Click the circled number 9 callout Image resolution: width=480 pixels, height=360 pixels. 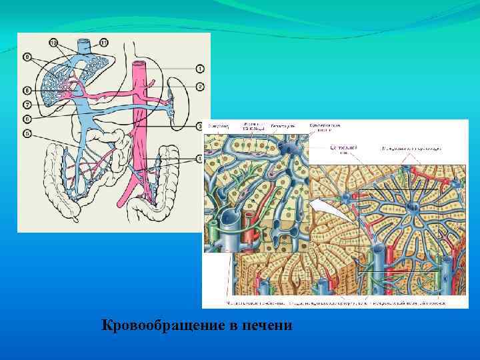[27, 57]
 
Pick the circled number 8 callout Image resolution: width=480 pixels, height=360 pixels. [27, 89]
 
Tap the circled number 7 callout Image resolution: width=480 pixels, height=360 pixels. [27, 104]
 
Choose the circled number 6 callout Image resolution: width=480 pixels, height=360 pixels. [27, 119]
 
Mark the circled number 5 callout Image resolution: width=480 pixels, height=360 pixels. [27, 133]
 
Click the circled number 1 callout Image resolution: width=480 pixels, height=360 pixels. [200, 69]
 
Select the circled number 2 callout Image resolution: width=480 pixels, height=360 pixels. [200, 86]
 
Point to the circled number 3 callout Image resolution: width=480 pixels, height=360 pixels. [200, 125]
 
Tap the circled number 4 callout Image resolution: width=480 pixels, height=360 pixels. [200, 158]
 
